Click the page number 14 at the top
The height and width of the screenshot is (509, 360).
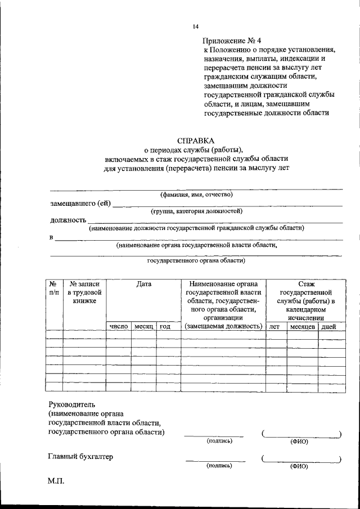(x=195, y=26)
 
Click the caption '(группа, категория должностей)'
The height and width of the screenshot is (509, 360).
(x=196, y=211)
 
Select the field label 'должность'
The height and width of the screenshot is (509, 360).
(x=68, y=220)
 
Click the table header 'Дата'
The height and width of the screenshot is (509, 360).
(x=143, y=285)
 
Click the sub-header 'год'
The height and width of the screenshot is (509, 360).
(x=165, y=326)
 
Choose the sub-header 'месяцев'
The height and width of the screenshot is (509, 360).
(x=302, y=326)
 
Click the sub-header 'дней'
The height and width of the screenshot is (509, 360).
(x=328, y=326)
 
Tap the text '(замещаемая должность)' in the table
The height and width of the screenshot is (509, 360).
(x=223, y=326)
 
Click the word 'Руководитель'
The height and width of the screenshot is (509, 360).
(x=73, y=404)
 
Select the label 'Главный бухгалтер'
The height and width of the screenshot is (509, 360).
(x=81, y=457)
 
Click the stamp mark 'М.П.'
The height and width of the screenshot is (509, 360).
(x=56, y=482)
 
